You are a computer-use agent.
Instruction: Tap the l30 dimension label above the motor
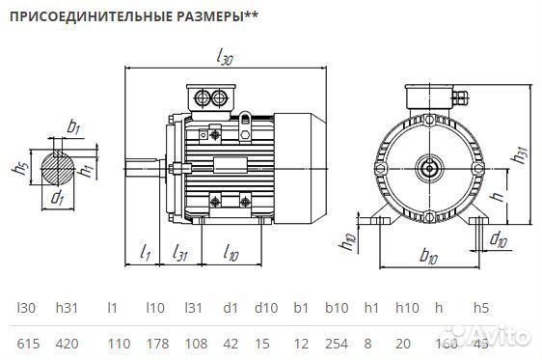[x=226, y=57]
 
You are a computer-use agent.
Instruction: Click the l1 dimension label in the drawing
[x=145, y=253]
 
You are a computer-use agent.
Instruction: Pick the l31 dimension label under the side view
[x=179, y=253]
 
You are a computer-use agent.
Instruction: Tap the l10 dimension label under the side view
[x=231, y=253]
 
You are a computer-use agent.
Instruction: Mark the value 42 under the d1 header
[x=229, y=343]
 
